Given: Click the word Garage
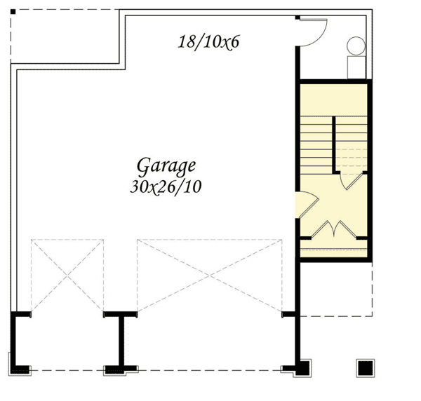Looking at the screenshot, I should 166,166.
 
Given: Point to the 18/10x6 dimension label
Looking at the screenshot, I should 208,41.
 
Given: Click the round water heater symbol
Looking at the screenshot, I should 356,47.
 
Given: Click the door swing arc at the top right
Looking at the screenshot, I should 313,32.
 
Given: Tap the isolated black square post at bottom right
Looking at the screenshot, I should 365,367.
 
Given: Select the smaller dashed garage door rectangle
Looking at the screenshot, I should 67,275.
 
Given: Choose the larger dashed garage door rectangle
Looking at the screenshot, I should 210,275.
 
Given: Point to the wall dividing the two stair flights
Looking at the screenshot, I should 334,144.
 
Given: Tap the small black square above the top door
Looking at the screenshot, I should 298,17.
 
